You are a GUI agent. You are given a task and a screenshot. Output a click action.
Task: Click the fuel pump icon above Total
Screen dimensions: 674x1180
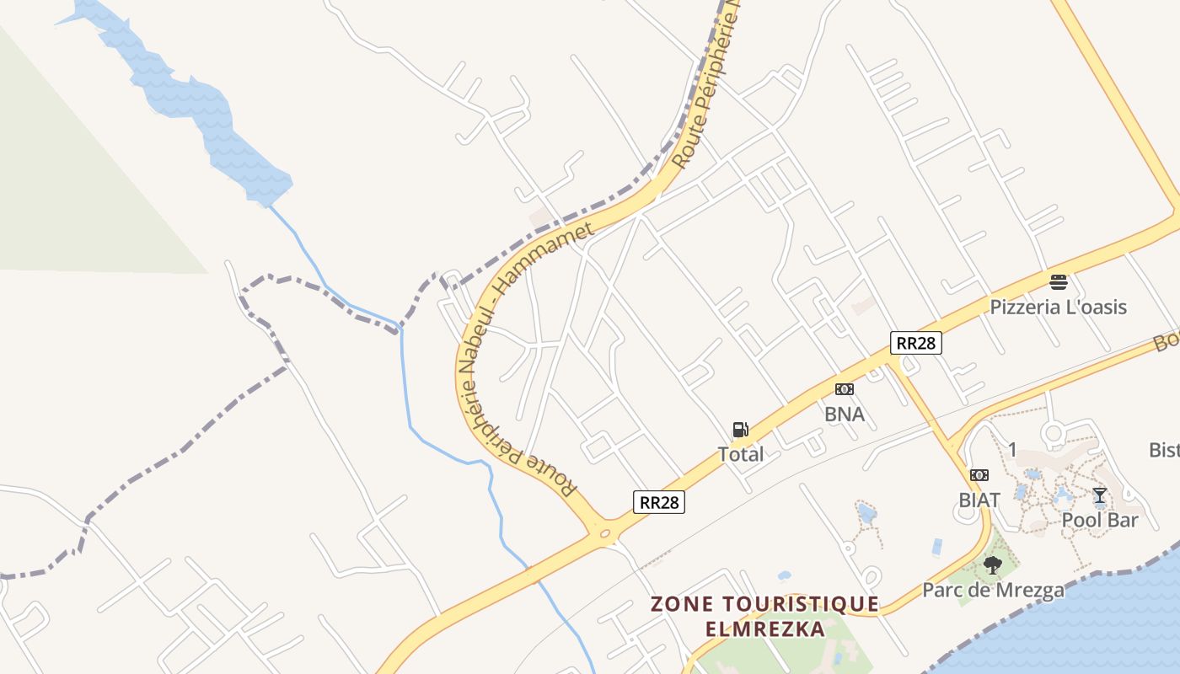tap(740, 430)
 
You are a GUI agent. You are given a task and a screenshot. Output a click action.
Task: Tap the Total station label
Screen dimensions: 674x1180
tap(740, 454)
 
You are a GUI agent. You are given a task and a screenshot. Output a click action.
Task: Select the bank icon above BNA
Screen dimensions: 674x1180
tap(844, 389)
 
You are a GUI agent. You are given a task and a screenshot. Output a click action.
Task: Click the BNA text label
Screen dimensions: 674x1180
tap(844, 414)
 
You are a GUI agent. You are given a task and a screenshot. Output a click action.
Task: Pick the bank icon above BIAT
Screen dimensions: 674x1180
tap(979, 475)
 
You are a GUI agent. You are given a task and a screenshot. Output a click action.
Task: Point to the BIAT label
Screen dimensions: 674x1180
tap(979, 500)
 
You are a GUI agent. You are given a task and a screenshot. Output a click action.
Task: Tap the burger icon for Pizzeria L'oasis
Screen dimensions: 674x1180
tap(1058, 281)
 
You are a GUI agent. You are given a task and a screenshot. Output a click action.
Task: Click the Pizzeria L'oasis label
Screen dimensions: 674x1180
tap(1058, 307)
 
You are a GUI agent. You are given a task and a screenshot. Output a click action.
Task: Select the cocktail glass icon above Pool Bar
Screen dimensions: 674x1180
tap(1099, 495)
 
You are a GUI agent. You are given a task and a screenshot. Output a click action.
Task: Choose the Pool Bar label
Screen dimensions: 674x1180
tap(1099, 520)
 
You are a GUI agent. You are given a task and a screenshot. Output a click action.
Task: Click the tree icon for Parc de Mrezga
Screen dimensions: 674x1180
tap(993, 564)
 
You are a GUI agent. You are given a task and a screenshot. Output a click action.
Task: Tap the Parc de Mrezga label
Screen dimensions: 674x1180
tap(993, 590)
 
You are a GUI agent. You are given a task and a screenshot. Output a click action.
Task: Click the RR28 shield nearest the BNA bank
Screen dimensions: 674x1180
tap(915, 343)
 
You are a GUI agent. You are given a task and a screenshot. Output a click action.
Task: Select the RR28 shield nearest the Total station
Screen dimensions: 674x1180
tap(658, 502)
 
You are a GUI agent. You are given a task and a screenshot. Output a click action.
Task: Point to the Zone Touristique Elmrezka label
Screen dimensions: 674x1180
tap(764, 616)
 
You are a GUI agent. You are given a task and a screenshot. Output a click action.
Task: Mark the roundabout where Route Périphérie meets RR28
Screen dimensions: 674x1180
tap(603, 532)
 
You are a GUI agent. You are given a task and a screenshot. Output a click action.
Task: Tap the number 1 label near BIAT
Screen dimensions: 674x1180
tap(1012, 449)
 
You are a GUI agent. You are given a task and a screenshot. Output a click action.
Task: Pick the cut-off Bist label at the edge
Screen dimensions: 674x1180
tap(1164, 450)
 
